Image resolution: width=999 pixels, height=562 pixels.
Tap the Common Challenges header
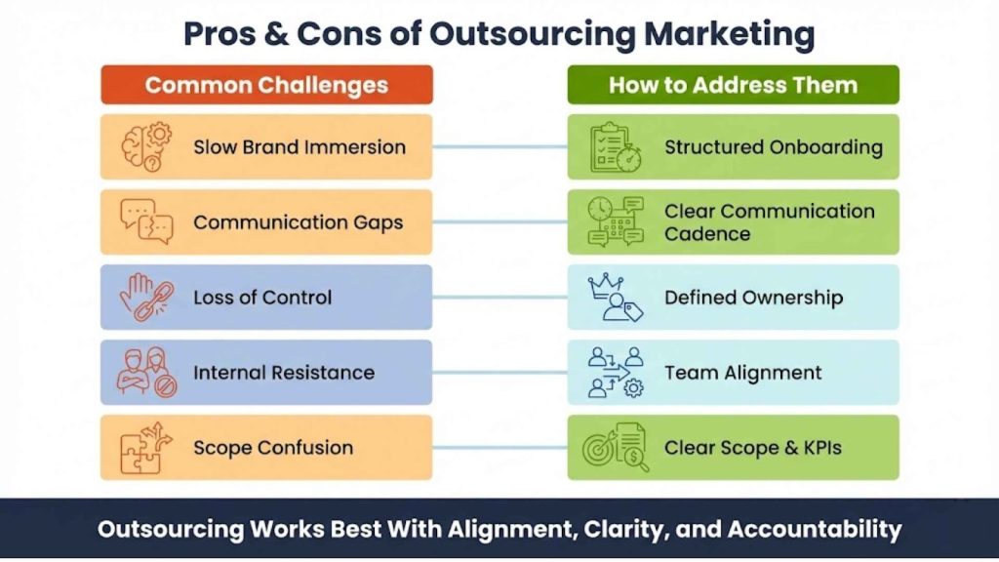tap(266, 85)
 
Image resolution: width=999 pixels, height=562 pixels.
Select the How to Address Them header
tap(733, 85)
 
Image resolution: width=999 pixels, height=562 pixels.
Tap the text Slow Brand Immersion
tap(300, 147)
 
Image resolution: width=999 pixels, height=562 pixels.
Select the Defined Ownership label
tap(753, 298)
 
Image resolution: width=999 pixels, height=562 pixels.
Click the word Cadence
tap(707, 234)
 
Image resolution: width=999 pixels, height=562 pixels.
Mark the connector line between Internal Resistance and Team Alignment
tap(499, 372)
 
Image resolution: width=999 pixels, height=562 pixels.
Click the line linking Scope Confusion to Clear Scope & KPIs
tap(499, 447)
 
